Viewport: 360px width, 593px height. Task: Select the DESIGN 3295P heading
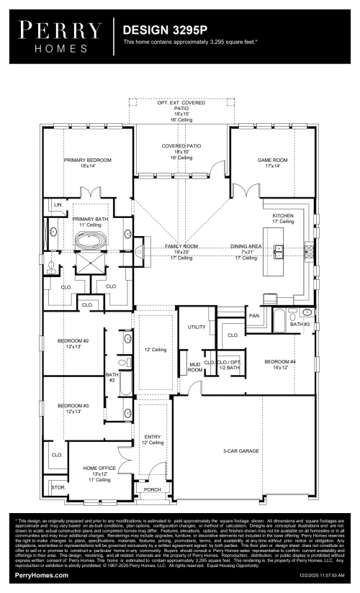pos(166,30)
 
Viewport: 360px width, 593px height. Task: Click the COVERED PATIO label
pos(181,145)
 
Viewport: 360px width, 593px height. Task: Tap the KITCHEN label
pos(283,215)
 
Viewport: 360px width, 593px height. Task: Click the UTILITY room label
pos(197,327)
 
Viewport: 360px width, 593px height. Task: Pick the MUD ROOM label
pos(194,367)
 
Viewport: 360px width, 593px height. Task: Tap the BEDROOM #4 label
pos(280,361)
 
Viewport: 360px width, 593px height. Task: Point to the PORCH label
pos(152,489)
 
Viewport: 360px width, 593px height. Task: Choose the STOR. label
pos(57,486)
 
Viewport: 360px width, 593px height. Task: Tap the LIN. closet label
pos(58,205)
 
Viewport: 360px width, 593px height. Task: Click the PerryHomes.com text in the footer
pos(42,576)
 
